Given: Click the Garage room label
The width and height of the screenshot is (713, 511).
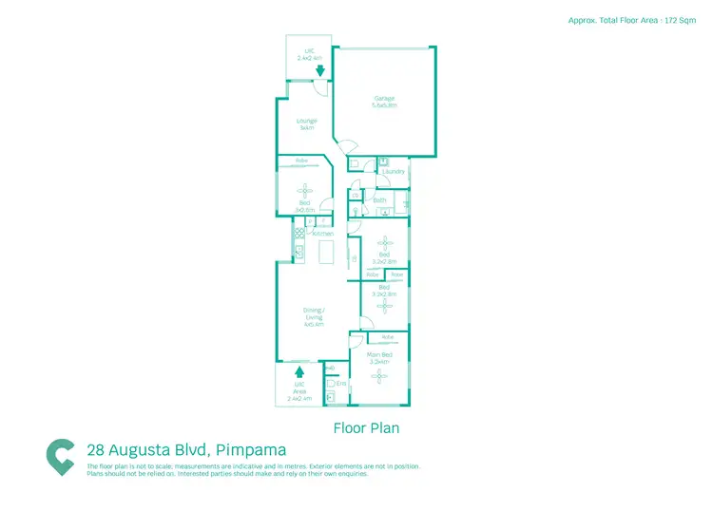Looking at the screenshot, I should click(384, 97).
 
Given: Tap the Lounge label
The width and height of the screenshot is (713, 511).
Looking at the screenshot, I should click(306, 121).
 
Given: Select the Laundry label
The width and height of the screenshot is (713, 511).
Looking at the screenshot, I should click(395, 171).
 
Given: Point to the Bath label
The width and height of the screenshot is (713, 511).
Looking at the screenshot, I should click(380, 200).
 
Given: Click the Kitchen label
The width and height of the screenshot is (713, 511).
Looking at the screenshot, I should click(323, 233).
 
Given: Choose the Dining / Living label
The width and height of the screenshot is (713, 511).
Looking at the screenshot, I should click(314, 311).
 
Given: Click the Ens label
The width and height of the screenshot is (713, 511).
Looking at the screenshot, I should click(342, 383).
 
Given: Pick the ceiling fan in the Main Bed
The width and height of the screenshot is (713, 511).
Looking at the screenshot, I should click(379, 377).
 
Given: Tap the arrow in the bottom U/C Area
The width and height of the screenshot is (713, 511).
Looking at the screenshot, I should click(300, 371).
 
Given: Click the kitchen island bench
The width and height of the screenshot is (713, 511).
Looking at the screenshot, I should click(326, 252).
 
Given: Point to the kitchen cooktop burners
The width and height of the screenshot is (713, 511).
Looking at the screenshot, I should click(299, 233).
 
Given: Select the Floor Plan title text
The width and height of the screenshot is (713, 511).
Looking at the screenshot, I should click(366, 428).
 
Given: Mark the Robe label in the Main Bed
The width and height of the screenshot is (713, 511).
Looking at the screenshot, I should click(387, 337).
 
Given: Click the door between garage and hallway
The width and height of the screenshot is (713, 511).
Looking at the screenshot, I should click(350, 147).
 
